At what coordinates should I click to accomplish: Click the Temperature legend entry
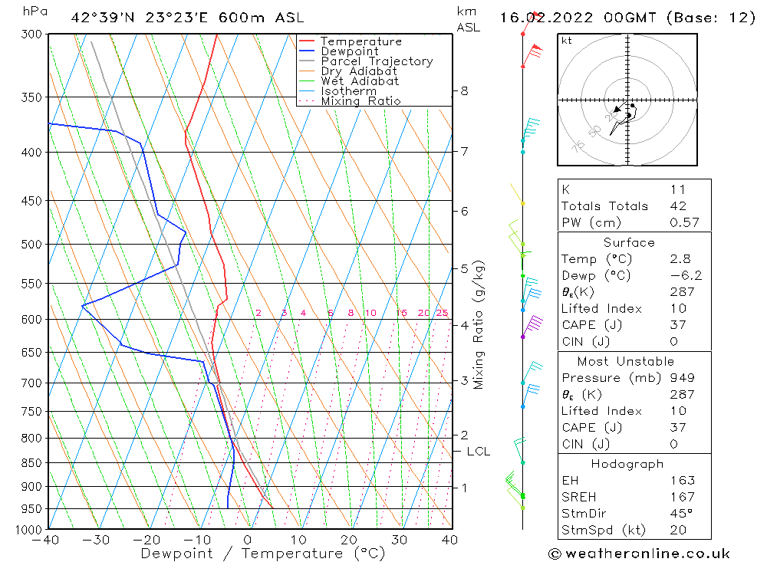[360, 41]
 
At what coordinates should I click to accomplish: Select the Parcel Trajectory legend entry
[377, 61]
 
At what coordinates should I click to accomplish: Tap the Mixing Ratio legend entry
[360, 100]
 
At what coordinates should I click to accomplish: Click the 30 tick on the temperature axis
[400, 540]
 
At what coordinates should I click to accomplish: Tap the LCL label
[478, 452]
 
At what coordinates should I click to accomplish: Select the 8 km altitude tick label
[464, 90]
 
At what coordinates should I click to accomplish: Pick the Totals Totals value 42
[677, 205]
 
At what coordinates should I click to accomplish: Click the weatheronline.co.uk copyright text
[639, 553]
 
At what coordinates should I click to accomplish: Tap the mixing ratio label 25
[442, 313]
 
